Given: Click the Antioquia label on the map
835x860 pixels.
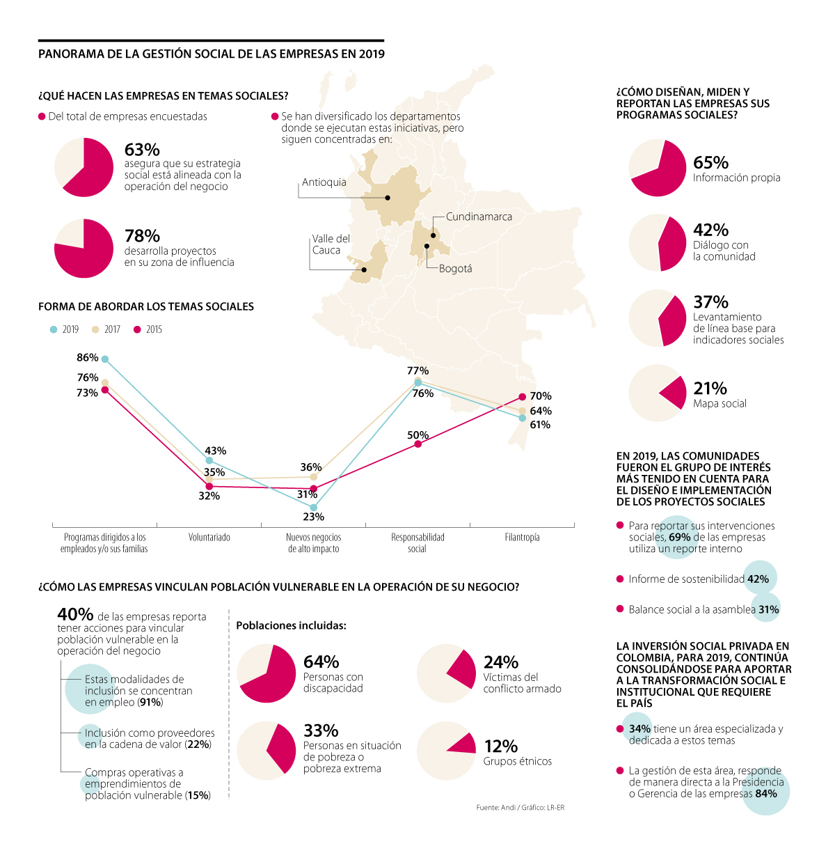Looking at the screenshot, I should [324, 182].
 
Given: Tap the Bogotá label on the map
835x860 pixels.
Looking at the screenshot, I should [455, 269].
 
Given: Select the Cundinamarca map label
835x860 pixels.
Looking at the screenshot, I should [479, 217].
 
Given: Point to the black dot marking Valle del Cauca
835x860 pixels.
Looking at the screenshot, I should [364, 269].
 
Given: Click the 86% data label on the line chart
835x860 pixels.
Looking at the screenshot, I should [88, 357].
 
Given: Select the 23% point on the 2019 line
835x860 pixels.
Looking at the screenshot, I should [314, 508].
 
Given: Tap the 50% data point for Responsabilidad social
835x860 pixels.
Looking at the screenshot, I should [418, 444].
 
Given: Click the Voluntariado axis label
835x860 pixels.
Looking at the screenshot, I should [209, 538].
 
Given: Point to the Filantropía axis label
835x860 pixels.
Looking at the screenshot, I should [522, 538].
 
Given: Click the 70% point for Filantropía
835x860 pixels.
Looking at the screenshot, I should [523, 397].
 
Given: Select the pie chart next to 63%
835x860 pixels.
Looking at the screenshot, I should [83, 167].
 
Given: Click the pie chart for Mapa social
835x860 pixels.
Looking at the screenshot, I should [658, 393].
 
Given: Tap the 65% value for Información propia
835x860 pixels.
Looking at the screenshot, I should [710, 162].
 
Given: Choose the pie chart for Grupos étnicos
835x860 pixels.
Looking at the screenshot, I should [446, 750].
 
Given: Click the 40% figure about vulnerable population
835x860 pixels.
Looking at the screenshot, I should [75, 614].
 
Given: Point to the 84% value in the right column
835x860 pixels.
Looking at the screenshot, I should [765, 793].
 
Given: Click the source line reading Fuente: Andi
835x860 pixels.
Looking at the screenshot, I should [520, 808].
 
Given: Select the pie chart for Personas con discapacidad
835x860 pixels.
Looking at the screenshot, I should [266, 673].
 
